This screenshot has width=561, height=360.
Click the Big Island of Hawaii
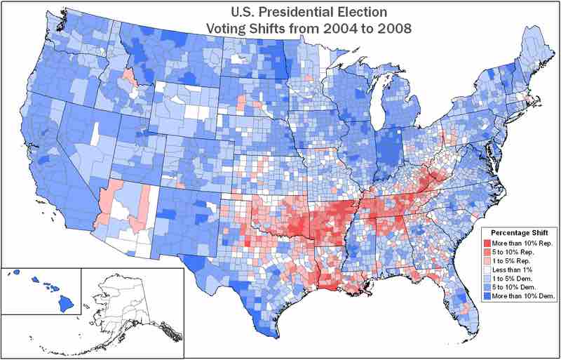(65, 303)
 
